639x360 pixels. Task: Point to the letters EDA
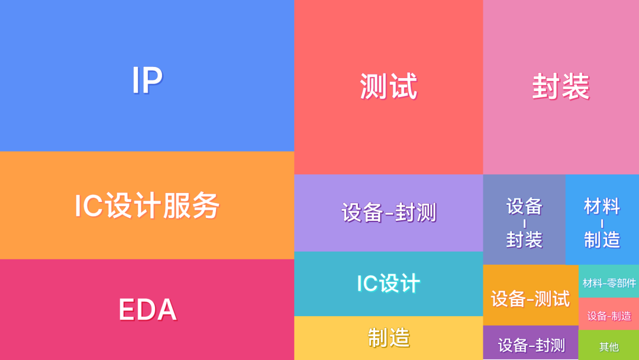tap(147, 310)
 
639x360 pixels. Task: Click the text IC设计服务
tap(147, 206)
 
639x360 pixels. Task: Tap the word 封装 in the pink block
tap(560, 86)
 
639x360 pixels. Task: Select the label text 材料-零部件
tap(609, 283)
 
